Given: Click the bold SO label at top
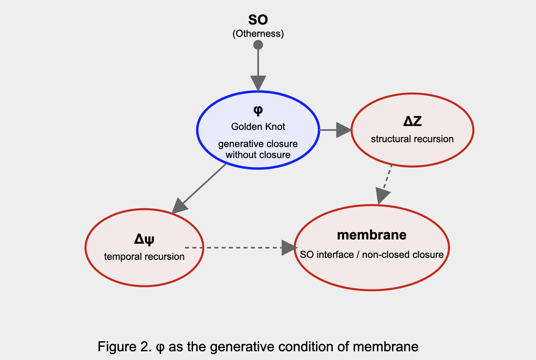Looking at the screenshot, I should [258, 20].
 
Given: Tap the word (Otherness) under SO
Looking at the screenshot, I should [258, 34].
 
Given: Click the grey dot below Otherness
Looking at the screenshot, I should [258, 45].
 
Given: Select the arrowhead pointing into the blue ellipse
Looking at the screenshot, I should [258, 83].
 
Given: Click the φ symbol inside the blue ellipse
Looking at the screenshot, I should [258, 111].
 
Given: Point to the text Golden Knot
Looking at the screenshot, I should [258, 127].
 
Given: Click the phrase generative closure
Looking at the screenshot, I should [258, 144].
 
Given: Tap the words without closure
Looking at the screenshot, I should [258, 155].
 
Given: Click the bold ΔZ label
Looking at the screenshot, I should [412, 122].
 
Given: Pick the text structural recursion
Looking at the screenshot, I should [412, 139].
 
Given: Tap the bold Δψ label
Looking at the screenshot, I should [144, 239].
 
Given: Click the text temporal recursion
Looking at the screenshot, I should [144, 257].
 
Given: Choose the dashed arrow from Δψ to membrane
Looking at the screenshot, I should [239, 248].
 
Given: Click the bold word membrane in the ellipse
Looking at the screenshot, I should [372, 235].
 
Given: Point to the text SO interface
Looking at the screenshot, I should [327, 255].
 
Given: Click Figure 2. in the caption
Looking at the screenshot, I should [124, 347].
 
